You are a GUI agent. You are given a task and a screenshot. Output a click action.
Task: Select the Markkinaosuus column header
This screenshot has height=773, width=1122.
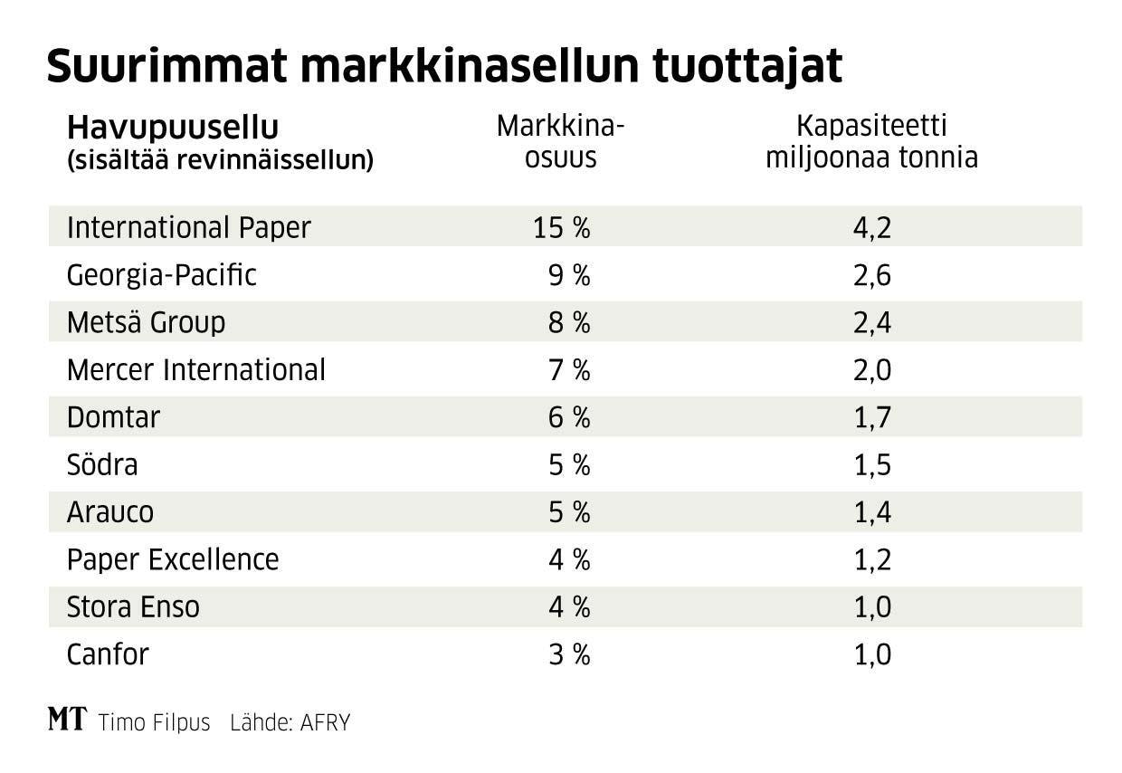point(561,142)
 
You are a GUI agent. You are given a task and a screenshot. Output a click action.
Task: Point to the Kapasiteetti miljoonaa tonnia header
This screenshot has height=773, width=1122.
point(871,142)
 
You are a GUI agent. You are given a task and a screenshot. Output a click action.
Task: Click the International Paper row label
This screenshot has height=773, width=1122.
point(188,227)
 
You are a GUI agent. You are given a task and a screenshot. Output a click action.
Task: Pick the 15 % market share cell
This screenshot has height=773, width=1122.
point(561,227)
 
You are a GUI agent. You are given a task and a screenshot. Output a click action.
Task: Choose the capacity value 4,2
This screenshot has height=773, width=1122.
point(872,227)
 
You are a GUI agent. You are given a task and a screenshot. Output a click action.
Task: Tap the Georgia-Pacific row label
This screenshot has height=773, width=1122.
point(162,275)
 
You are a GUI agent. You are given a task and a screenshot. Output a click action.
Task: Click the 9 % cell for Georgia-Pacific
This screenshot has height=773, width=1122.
point(569,275)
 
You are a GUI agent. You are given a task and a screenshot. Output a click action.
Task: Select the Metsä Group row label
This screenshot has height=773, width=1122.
point(146,322)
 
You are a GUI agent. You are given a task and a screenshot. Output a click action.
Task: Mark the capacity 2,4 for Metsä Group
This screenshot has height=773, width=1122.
point(872,322)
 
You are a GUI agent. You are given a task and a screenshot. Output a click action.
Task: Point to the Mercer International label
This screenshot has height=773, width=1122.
point(195,370)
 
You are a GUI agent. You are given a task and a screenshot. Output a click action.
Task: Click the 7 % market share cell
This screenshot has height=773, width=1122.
point(569,370)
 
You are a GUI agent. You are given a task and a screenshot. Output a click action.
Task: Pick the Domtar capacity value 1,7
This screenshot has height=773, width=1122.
point(872,417)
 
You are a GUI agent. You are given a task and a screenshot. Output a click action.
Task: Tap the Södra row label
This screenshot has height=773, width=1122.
point(102,465)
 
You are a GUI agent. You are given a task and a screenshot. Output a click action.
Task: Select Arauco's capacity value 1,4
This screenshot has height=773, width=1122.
point(872,512)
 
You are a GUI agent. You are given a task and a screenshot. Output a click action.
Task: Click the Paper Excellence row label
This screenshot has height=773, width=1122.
point(173,559)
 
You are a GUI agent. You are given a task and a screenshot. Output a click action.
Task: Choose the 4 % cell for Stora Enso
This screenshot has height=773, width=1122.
point(569,606)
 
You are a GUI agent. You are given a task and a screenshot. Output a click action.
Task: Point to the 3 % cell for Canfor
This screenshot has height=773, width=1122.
point(569,654)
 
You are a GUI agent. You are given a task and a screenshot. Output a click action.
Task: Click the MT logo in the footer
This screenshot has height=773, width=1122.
point(67,721)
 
